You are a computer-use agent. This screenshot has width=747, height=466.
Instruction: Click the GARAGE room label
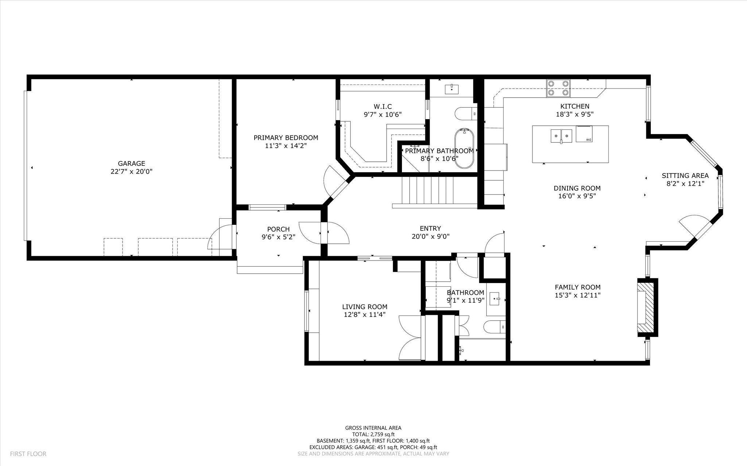point(131,164)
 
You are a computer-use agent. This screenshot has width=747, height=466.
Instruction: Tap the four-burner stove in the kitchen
point(558,88)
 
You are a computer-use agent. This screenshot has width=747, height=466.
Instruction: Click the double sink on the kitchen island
point(561,136)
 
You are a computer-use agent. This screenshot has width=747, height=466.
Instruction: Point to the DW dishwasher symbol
point(585,134)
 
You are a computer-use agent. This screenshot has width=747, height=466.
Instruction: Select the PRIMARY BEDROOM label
point(286,138)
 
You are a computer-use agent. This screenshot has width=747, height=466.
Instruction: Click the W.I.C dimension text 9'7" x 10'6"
point(383,114)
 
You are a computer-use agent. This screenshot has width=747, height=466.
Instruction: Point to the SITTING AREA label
point(685,176)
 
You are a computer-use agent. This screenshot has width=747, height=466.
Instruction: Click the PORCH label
point(278,229)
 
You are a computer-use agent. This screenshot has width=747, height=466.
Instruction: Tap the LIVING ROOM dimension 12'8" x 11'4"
point(365,315)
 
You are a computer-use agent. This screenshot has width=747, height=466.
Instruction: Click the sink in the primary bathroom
point(452,88)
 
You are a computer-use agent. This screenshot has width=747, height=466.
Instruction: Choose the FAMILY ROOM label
point(578,287)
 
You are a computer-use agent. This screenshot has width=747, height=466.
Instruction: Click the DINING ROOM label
point(577,188)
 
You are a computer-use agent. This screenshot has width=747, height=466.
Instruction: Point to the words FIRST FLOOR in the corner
point(28,454)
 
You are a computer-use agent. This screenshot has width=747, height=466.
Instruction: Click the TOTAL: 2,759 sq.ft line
point(373,434)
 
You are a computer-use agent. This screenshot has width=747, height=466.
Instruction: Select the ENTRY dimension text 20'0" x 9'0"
point(430,236)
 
